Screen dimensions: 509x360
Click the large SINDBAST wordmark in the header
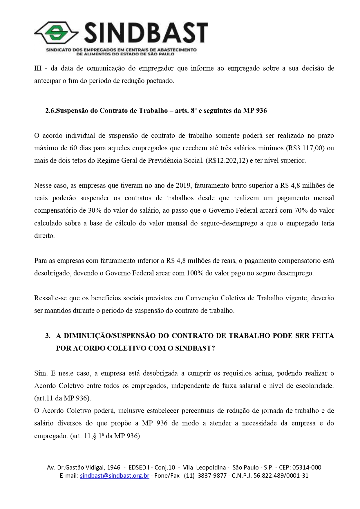click(146, 33)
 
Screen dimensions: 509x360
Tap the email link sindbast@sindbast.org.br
click(115, 476)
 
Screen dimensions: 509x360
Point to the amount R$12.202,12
click(227, 160)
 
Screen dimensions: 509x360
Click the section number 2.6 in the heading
click(50, 111)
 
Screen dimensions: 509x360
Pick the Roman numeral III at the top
click(38, 68)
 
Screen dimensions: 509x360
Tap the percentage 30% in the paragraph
click(95, 210)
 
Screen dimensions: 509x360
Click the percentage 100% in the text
click(195, 273)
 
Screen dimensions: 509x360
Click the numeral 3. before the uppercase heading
click(48, 336)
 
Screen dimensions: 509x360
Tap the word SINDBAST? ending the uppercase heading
click(195, 348)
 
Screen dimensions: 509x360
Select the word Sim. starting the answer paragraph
click(41, 373)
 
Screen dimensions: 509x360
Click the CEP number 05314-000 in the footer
click(307, 468)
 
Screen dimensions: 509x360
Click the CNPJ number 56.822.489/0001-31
click(281, 476)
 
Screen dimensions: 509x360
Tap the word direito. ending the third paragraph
click(44, 236)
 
